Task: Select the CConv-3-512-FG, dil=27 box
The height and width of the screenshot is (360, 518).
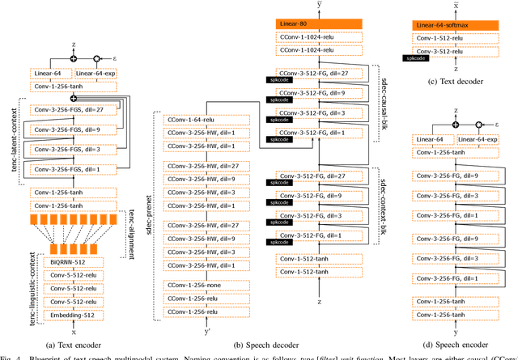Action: click(x=316, y=73)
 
